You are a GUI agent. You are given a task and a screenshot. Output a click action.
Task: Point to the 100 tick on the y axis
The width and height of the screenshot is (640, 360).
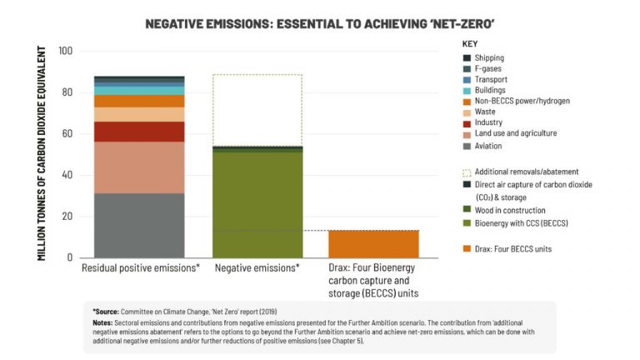(66, 52)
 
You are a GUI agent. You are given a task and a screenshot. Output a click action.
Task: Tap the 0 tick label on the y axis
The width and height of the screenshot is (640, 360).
(71, 258)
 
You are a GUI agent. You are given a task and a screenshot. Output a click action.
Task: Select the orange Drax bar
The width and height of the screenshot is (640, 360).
(372, 243)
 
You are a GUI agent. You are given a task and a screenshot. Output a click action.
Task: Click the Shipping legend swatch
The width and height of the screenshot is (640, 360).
(467, 57)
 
